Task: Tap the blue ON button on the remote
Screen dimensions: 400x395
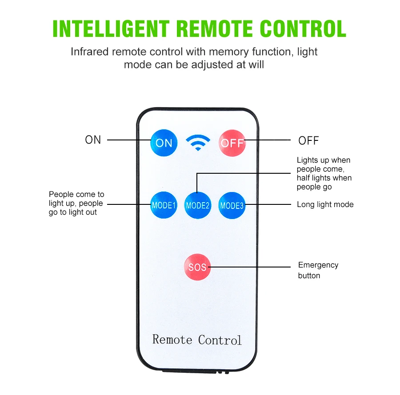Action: tap(164, 143)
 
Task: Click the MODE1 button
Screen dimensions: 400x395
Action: tap(164, 205)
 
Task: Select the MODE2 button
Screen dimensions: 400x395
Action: tap(198, 205)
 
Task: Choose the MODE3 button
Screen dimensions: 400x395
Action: tap(232, 205)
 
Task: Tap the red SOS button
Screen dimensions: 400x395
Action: tap(197, 267)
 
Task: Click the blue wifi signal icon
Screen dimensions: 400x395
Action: tap(198, 143)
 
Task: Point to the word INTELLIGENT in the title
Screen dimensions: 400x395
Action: tap(111, 29)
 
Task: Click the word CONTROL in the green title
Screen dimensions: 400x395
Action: tap(303, 29)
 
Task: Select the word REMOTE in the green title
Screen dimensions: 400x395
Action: tap(215, 29)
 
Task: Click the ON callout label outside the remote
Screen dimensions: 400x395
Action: tap(93, 140)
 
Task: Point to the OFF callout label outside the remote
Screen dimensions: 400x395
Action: tap(308, 140)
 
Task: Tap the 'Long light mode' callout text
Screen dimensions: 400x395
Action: tap(325, 204)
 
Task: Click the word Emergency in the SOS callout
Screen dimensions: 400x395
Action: tap(318, 265)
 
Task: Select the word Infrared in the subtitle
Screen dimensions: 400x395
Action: tap(90, 52)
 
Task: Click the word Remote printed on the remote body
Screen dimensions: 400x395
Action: tap(172, 339)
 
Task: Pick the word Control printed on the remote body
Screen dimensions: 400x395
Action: tap(220, 340)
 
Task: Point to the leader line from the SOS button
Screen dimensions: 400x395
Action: tap(249, 267)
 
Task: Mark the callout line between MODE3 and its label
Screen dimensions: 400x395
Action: tap(268, 204)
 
